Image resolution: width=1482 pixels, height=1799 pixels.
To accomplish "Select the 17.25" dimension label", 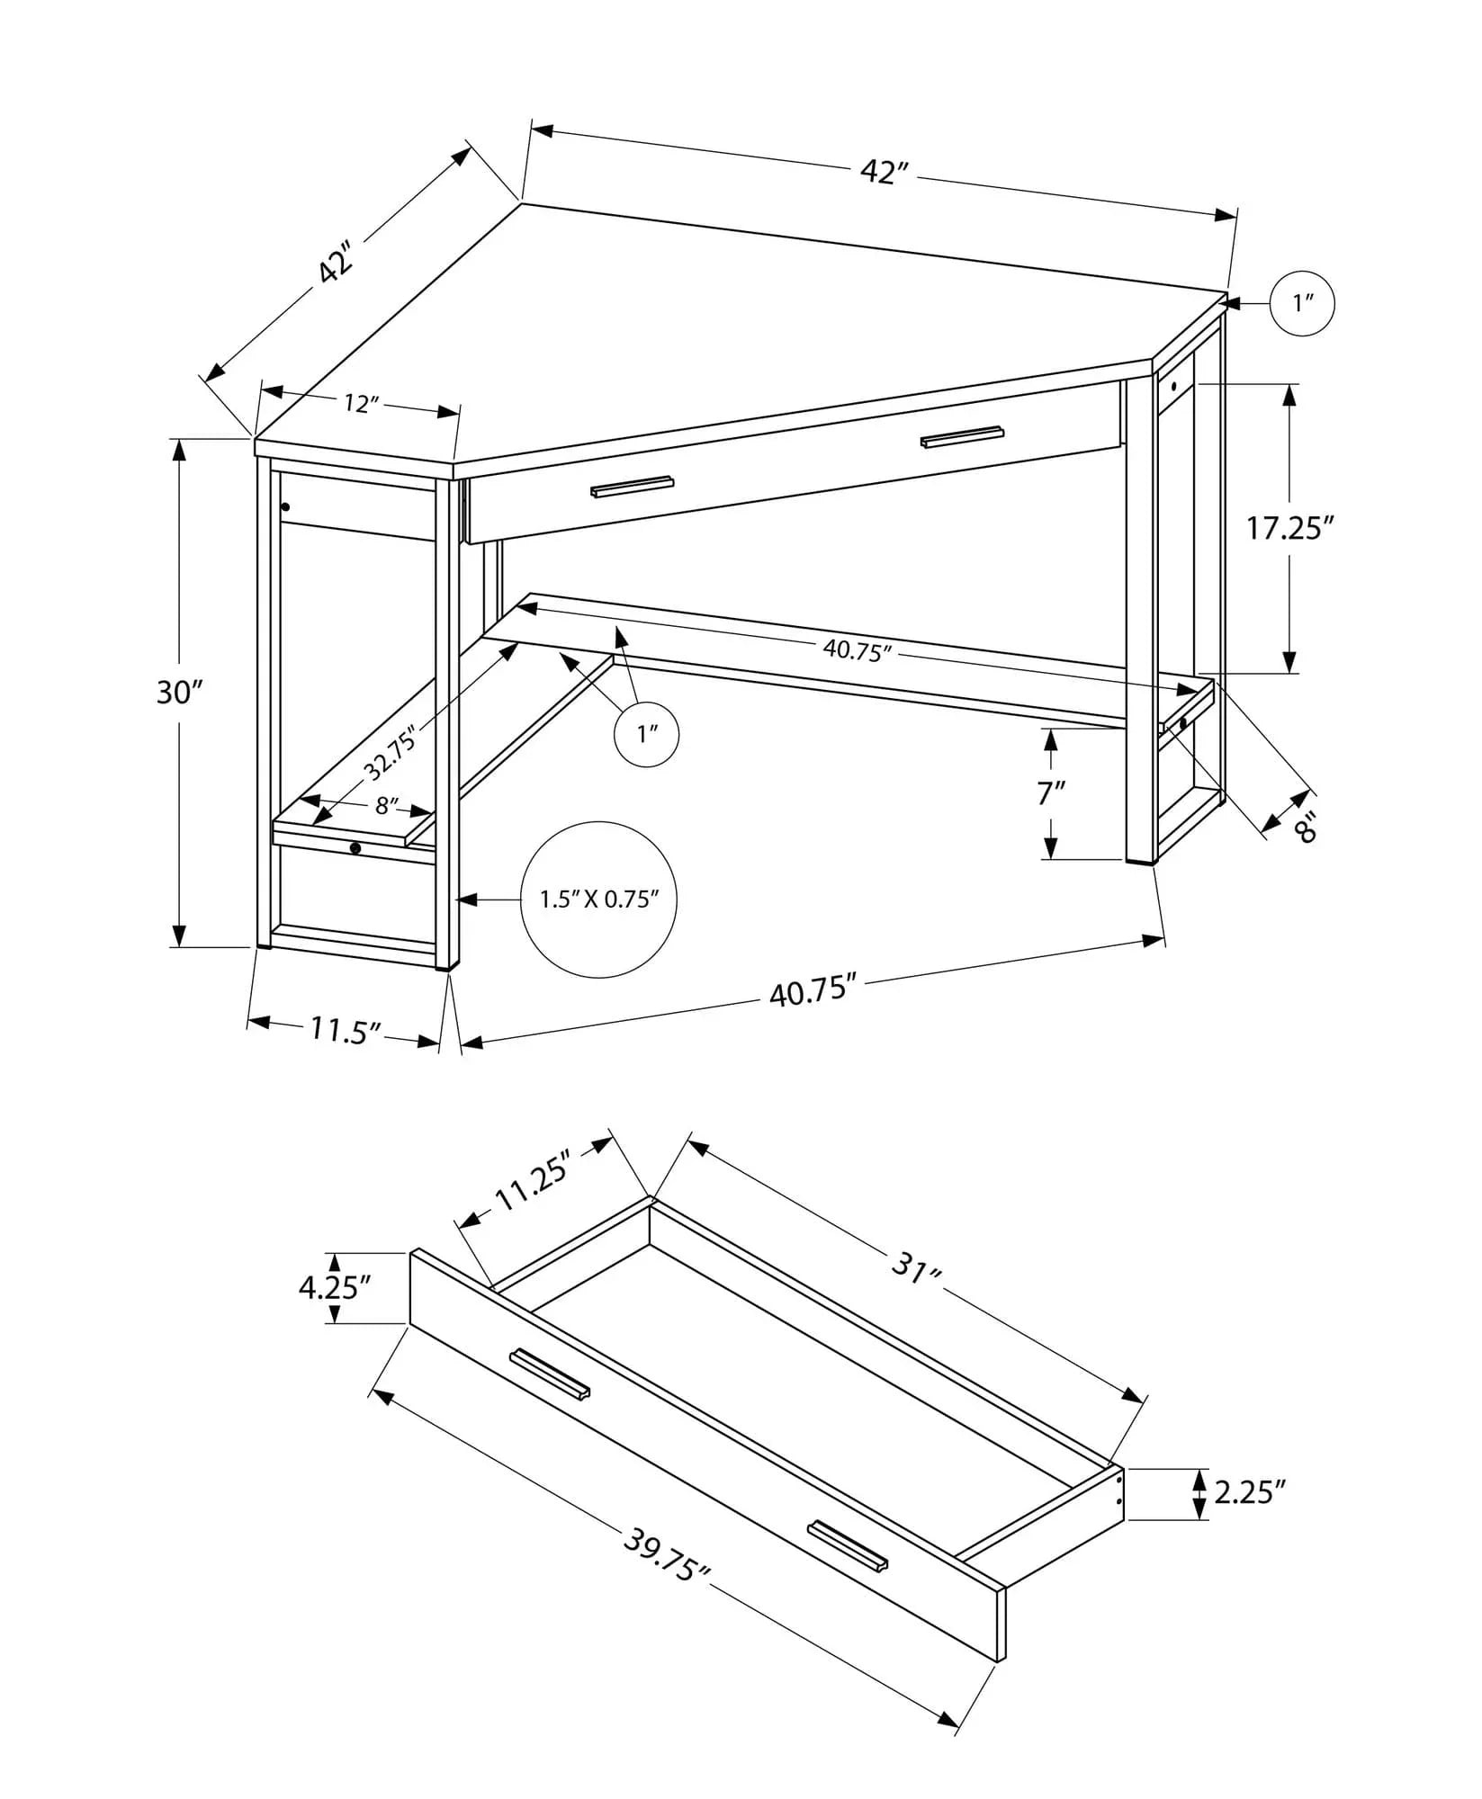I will tap(1288, 528).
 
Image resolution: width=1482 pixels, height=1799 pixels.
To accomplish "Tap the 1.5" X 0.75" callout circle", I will tap(598, 899).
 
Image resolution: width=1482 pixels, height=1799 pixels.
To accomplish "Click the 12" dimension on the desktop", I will tap(358, 404).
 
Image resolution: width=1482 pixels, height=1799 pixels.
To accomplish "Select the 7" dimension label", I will tap(1050, 793).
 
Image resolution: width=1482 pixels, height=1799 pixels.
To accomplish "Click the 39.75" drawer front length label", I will tap(667, 1556).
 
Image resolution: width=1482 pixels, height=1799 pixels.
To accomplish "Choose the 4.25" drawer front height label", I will tap(335, 1288).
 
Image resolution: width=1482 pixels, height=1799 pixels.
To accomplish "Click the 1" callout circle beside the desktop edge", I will tap(1302, 304).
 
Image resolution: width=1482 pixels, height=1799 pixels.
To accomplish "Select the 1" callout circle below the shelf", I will tap(646, 734).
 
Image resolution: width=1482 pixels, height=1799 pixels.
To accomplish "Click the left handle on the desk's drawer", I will tap(632, 486).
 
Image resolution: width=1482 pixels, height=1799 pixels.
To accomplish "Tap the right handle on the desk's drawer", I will tap(962, 435).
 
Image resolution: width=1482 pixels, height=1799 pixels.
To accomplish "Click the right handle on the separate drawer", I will tap(848, 1545).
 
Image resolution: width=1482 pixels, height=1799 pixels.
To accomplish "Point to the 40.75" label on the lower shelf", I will tap(857, 650).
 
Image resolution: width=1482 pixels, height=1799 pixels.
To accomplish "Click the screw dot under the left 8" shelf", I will tap(355, 847).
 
